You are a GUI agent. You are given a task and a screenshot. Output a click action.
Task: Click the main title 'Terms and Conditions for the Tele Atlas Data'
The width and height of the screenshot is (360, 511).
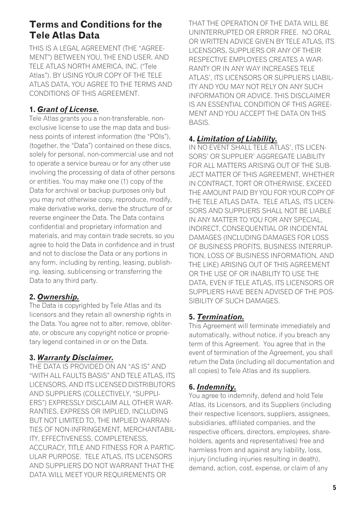pyautogui.click(x=95, y=30)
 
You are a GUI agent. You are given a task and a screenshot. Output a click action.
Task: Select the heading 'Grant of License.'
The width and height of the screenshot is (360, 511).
pyautogui.click(x=68, y=110)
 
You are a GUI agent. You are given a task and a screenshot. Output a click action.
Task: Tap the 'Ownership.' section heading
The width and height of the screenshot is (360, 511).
pyautogui.click(x=58, y=297)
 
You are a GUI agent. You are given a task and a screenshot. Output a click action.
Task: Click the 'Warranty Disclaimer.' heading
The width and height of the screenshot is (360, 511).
pyautogui.click(x=75, y=358)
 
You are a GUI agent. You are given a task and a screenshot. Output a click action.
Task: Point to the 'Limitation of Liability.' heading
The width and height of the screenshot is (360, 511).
pyautogui.click(x=237, y=139)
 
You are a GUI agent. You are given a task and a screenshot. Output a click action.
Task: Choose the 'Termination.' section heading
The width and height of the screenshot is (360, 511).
pyautogui.click(x=220, y=317)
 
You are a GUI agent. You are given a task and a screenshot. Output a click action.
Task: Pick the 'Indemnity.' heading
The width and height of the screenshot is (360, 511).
pyautogui.click(x=216, y=387)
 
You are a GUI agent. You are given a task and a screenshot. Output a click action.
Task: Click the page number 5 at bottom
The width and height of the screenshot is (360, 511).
pyautogui.click(x=334, y=488)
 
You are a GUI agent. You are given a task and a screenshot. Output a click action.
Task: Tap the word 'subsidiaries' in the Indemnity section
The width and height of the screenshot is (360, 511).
pyautogui.click(x=208, y=423)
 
